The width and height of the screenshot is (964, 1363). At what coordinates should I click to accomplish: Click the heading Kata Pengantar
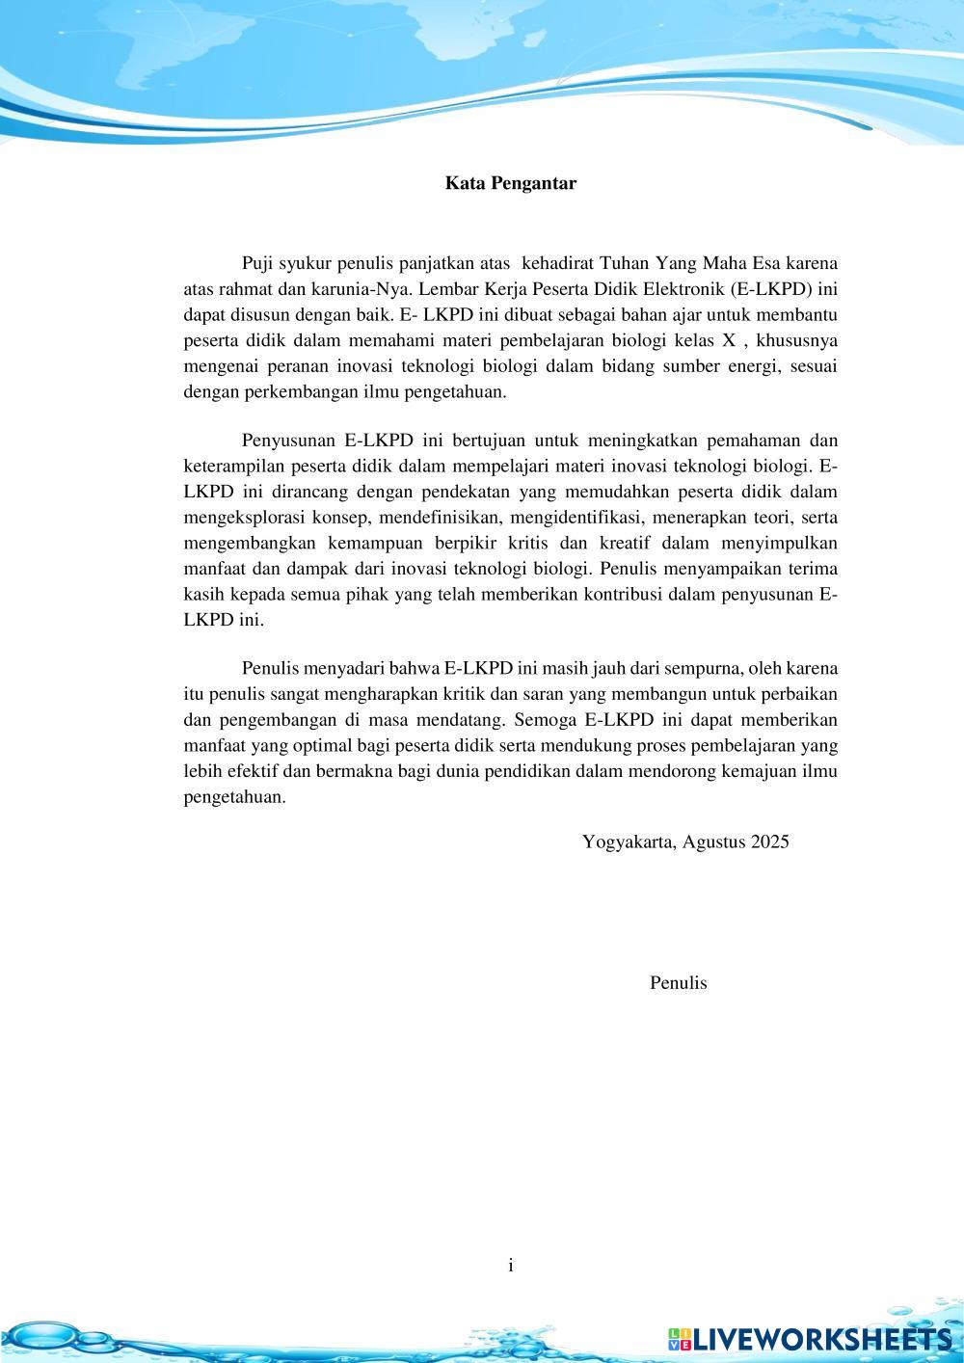point(510,183)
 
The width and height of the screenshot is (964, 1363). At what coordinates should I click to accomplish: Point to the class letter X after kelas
point(729,341)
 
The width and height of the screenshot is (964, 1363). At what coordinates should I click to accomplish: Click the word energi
point(761,366)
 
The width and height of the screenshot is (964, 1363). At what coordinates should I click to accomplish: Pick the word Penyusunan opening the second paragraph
point(287,441)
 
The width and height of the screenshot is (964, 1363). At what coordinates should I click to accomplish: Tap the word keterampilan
point(229,467)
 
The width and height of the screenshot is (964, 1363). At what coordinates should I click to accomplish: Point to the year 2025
point(769,842)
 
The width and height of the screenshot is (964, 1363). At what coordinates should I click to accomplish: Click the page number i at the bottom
point(511,1266)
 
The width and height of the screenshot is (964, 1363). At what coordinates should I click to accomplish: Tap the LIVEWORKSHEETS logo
point(810,1338)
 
